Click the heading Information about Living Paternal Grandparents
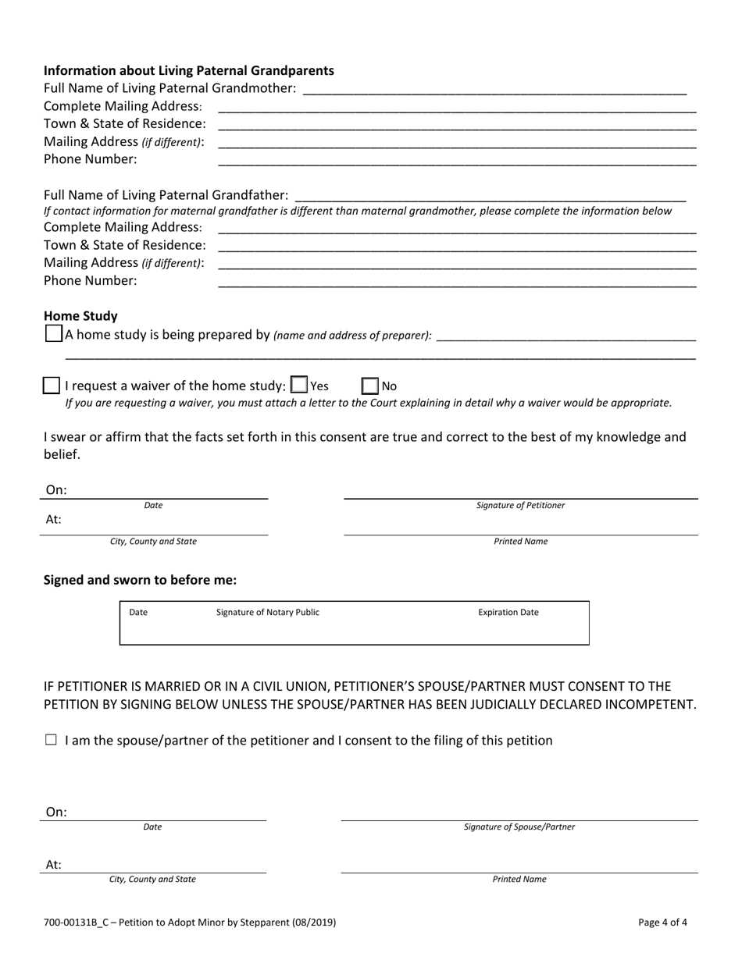click(188, 70)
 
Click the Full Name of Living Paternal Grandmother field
click(494, 89)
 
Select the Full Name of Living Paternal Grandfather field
click(490, 194)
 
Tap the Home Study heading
click(80, 316)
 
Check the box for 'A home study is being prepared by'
click(53, 334)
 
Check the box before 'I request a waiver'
click(51, 386)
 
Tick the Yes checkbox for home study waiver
click(298, 385)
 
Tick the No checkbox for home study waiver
click(370, 386)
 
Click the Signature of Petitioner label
click(520, 506)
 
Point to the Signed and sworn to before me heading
click(140, 580)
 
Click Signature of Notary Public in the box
click(267, 613)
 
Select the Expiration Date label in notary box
click(508, 613)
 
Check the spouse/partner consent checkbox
click(52, 741)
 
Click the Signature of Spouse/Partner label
click(519, 827)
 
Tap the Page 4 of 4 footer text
click(662, 923)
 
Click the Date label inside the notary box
click(137, 613)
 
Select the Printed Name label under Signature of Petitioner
click(520, 542)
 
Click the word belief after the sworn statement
click(61, 454)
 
